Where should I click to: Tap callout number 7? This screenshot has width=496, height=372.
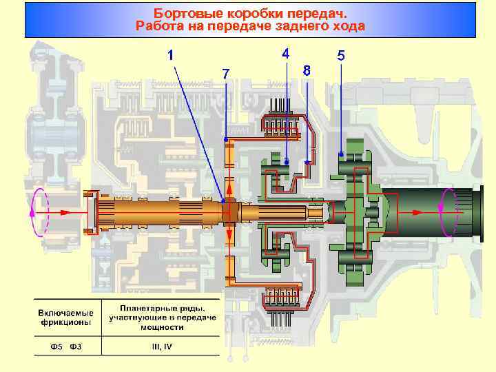coord(225,73)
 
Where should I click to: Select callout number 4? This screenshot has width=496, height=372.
coord(285,52)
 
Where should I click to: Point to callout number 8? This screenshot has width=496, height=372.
coord(307,70)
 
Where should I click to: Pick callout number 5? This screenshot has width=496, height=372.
coord(341,55)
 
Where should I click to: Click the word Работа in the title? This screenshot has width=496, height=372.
coord(158,27)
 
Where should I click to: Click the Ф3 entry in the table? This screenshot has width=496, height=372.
coord(76,346)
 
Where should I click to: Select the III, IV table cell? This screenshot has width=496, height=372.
coord(162,346)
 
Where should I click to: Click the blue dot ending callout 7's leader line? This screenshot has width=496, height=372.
coord(226,140)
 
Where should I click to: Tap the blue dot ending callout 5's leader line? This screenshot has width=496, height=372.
coord(341,153)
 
